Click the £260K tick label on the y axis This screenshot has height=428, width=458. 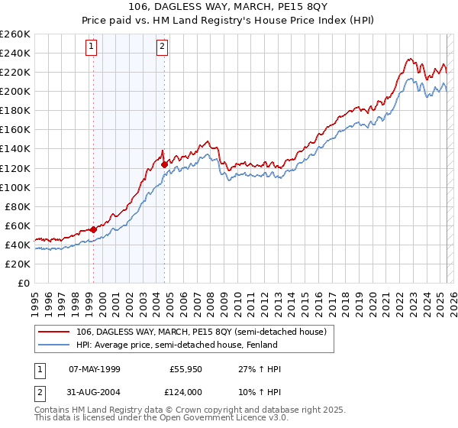(x=15, y=34)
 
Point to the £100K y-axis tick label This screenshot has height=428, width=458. (x=15, y=187)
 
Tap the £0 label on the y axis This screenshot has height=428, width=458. (x=24, y=283)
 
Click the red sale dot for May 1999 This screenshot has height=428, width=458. (x=93, y=229)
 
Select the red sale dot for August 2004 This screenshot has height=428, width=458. (x=164, y=163)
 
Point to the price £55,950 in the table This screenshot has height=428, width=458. (x=185, y=369)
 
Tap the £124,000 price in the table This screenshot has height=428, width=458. (x=185, y=392)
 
